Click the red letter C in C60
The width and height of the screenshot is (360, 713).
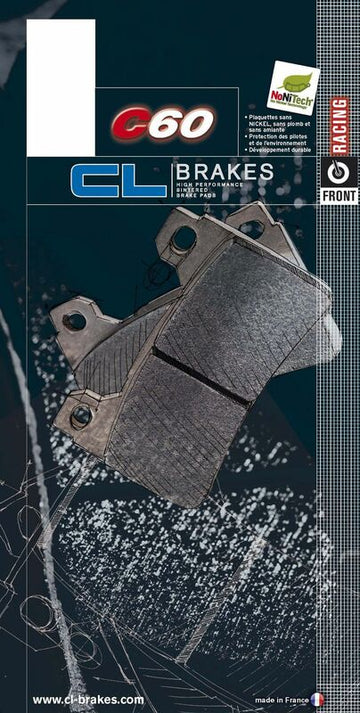tap(130, 124)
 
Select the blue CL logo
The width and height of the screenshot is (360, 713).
tap(117, 180)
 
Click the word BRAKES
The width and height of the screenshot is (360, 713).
tap(222, 171)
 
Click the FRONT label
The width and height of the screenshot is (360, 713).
tap(338, 196)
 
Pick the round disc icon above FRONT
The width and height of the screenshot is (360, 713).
tap(338, 169)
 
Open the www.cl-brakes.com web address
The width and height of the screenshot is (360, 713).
tap(88, 699)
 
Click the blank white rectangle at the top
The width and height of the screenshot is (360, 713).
tap(60, 60)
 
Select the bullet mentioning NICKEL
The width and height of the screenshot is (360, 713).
tap(281, 128)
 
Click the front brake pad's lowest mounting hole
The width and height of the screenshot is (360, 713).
tap(81, 413)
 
